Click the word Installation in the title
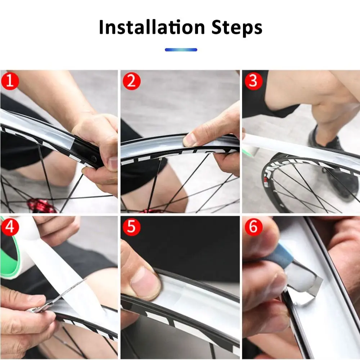[x=152, y=27]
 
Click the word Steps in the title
[x=237, y=28]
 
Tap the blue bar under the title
[x=181, y=50]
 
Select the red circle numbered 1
[x=10, y=81]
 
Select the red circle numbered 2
[x=131, y=81]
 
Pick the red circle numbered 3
[x=253, y=81]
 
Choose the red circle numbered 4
[x=10, y=226]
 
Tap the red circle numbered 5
[x=131, y=226]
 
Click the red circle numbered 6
[x=253, y=226]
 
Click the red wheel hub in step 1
[x=41, y=206]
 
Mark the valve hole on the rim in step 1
[x=94, y=158]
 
